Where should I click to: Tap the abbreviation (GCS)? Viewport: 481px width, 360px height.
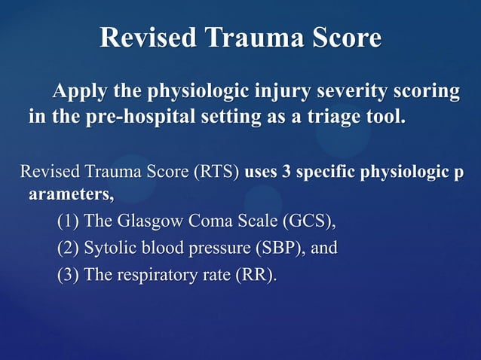[x=308, y=222]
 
